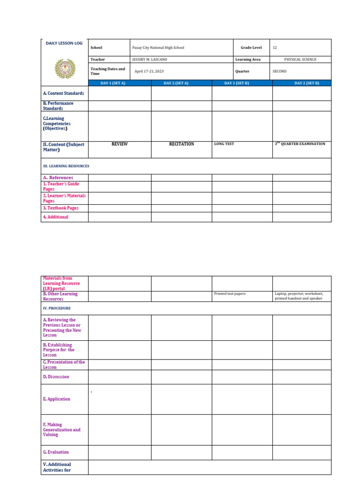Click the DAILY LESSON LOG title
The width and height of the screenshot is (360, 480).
[x=64, y=43]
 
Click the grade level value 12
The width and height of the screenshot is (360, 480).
[x=275, y=48]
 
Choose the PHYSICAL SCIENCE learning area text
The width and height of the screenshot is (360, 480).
[x=300, y=60]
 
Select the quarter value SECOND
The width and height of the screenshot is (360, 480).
[x=279, y=71]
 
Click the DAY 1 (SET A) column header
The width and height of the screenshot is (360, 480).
[x=113, y=83]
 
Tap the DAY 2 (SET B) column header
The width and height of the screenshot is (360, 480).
[x=307, y=83]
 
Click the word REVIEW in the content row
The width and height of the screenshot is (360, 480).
[x=120, y=144]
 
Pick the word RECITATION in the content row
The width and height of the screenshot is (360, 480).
[x=181, y=144]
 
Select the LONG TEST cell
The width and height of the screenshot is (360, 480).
[x=224, y=144]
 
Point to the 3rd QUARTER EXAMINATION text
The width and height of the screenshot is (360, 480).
[x=300, y=144]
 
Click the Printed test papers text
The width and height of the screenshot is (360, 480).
[x=230, y=294]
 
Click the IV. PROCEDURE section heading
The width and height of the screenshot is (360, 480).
[x=57, y=308]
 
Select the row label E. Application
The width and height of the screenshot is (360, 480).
[x=57, y=399]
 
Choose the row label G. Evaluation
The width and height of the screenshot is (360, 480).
[x=56, y=452]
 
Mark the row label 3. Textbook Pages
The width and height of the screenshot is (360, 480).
[x=60, y=208]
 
